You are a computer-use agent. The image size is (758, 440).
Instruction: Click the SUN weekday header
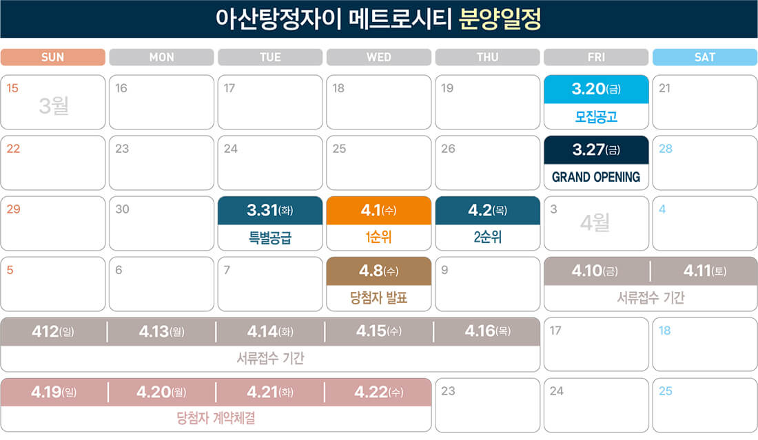coord(53,57)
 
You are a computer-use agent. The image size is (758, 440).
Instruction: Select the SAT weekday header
coord(704,57)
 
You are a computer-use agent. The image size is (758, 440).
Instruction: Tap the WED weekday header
coord(379,57)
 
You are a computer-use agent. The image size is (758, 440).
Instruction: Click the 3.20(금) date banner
coord(596,89)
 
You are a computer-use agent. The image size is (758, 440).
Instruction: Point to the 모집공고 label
coord(596,116)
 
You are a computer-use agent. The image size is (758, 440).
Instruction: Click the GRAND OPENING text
coord(596,177)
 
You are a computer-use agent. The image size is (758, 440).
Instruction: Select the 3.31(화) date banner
coord(270,210)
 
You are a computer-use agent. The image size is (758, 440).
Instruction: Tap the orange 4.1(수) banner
coord(379,210)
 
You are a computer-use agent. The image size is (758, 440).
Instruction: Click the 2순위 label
coord(487,238)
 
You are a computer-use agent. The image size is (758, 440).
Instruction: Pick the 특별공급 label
coord(270,238)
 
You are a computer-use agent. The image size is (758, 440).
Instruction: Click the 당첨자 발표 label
coord(379,298)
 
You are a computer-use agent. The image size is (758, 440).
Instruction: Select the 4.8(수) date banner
coord(379,271)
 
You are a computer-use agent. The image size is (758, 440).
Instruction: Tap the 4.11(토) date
coord(704,271)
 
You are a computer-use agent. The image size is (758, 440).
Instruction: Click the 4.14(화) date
coord(270,331)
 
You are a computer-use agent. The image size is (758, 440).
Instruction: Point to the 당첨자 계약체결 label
coord(216,419)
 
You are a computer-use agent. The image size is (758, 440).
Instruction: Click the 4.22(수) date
coord(379,392)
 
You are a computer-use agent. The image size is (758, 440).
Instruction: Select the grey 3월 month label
coord(54,106)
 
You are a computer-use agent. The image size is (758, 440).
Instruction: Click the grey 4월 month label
coord(595,223)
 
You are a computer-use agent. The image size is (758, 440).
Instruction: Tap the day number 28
coord(665,149)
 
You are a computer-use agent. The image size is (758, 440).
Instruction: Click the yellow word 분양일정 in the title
coord(500,19)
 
